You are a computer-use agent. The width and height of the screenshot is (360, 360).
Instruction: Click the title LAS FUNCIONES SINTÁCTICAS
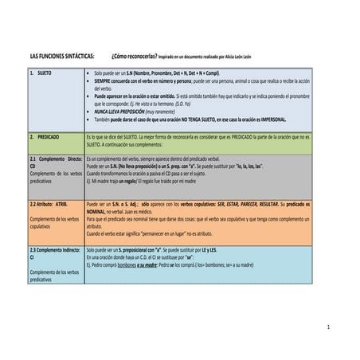[x=61, y=57]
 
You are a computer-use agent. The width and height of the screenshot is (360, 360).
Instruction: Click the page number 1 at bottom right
[x=338, y=327]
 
